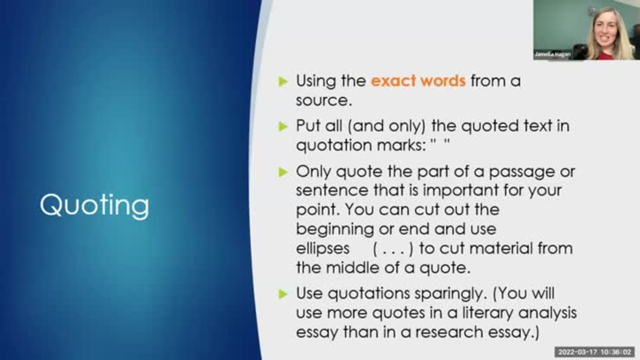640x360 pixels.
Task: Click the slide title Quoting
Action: (x=94, y=205)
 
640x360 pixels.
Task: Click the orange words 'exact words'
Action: (x=418, y=81)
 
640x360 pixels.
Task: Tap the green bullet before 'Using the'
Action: (x=284, y=81)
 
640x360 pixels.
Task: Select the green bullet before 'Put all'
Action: (x=284, y=125)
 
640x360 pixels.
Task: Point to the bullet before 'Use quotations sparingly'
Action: (x=284, y=293)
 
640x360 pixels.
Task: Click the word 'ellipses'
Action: (x=323, y=248)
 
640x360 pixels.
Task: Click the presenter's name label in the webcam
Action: (x=551, y=54)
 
